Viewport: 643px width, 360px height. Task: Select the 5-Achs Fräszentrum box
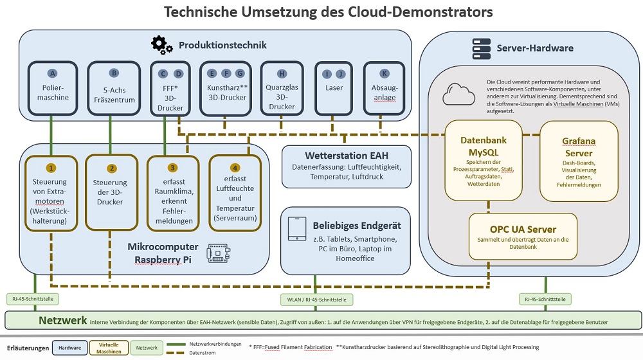point(114,89)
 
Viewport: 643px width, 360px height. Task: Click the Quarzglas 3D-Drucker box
point(282,89)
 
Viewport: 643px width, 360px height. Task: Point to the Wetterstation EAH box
point(347,166)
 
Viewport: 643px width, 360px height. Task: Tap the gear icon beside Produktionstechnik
point(161,44)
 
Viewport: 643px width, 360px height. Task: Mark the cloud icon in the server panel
point(456,95)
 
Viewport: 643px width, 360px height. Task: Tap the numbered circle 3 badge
point(172,168)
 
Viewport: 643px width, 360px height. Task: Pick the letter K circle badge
point(385,73)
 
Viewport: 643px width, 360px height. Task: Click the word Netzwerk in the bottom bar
point(62,319)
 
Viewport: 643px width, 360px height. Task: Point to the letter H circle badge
point(282,73)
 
